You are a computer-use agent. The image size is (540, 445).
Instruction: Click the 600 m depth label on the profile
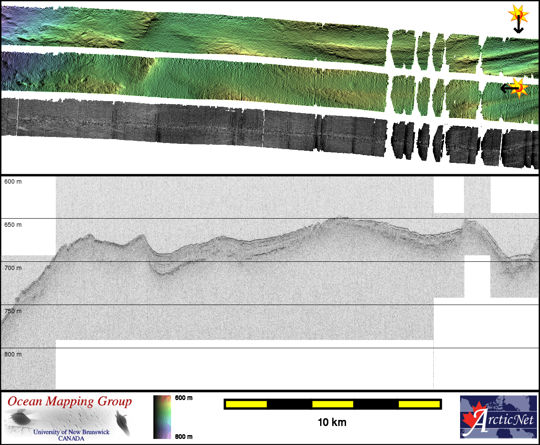13,181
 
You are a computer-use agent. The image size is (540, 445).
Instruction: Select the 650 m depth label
13,225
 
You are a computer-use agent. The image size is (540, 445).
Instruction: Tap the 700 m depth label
13,268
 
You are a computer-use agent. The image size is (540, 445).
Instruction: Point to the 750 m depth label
13,311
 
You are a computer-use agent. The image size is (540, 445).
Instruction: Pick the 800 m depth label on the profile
13,354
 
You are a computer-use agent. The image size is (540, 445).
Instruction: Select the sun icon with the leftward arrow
515,88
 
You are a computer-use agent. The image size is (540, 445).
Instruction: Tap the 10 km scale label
332,422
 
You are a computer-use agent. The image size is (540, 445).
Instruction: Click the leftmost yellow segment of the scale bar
246,404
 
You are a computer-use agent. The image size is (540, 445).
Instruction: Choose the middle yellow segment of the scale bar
333,404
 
